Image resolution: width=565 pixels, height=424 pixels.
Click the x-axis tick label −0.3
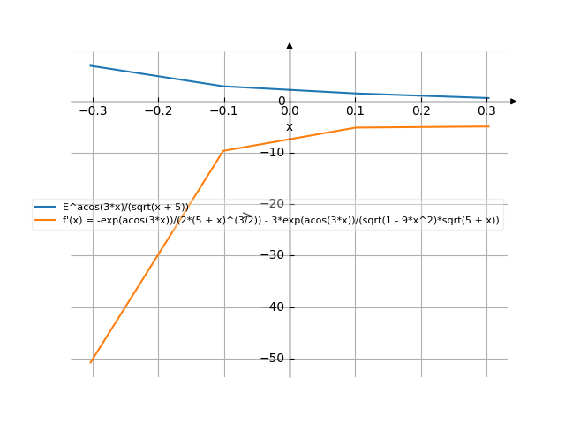[x=92, y=110]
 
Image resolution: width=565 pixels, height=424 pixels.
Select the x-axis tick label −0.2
[x=158, y=110]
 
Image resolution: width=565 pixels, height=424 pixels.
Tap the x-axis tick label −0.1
[x=223, y=110]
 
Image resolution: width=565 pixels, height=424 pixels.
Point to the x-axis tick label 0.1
[x=355, y=110]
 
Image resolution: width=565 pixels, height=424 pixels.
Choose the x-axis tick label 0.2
[x=421, y=110]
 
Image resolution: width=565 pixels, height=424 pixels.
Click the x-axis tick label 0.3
[x=487, y=110]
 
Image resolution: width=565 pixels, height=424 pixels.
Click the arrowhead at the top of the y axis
[x=290, y=44]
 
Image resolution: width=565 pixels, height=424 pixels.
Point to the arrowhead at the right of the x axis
[x=514, y=102]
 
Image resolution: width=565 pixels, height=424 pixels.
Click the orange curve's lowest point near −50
[x=92, y=361]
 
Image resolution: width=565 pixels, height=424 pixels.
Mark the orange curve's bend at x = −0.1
[x=224, y=150]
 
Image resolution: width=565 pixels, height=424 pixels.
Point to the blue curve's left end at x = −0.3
[x=92, y=66]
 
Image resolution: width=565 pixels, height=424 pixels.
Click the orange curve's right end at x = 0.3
[x=488, y=127]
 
